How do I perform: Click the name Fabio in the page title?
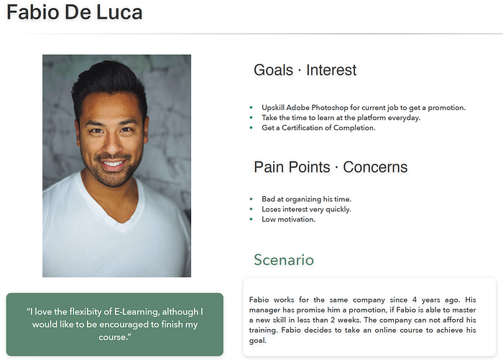(x=33, y=12)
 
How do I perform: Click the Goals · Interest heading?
(x=305, y=70)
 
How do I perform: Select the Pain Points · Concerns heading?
(x=331, y=167)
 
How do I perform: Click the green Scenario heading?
(x=284, y=260)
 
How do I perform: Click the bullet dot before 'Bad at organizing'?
(x=251, y=199)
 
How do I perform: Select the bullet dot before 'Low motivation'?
(x=251, y=219)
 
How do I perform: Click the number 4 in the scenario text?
(x=415, y=300)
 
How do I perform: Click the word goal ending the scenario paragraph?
(x=257, y=341)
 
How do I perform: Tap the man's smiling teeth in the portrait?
(x=112, y=164)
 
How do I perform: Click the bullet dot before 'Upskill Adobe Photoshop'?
(x=251, y=108)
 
